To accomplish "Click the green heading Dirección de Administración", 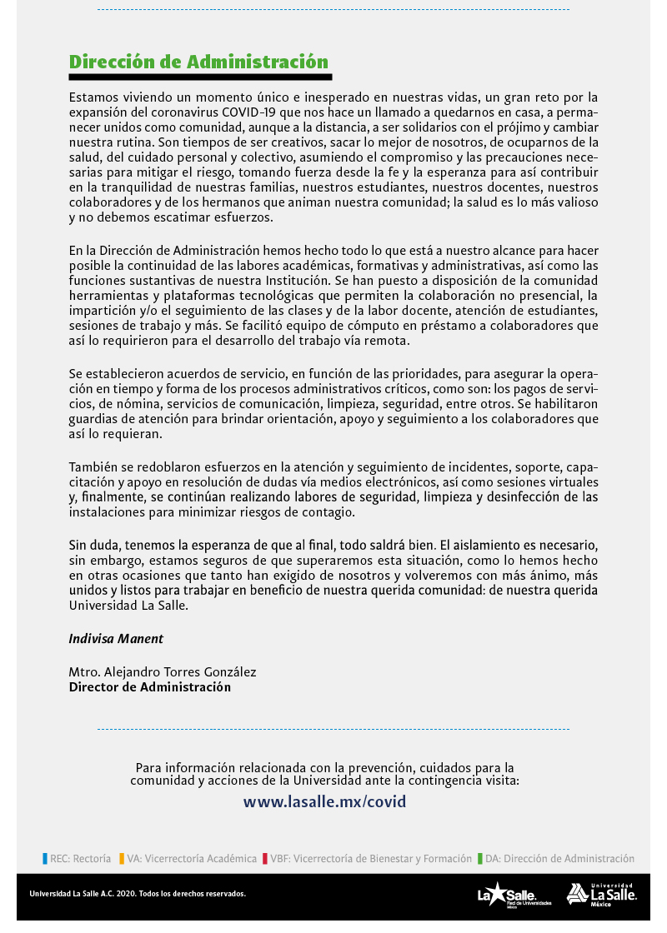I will pos(198,62).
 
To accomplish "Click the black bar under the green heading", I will pos(200,77).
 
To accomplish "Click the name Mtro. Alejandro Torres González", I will pos(163,672).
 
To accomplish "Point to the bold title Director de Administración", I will pos(149,687).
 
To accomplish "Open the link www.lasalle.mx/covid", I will pos(324,802).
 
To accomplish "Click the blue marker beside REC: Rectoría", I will pos(44,858).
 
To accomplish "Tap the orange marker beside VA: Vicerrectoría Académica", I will pos(122,858).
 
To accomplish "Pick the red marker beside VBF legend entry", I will pos(264,858).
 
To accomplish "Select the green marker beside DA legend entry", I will pos(480,858).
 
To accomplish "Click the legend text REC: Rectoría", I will pos(80,858).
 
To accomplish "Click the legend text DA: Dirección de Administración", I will pos(559,858).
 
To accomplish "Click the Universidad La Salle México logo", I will pos(601,895).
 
